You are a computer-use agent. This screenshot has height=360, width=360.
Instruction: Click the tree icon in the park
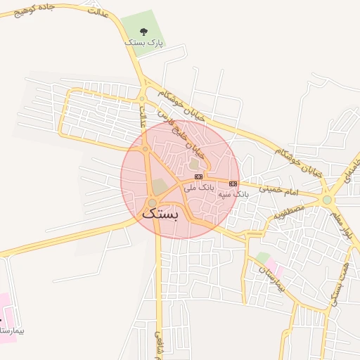144,32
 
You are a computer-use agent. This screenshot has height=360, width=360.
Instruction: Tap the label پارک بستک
144,43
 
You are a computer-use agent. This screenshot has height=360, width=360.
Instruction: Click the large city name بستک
161,214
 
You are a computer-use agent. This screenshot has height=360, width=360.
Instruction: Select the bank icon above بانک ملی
199,176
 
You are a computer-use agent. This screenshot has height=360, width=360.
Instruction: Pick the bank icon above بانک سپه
233,184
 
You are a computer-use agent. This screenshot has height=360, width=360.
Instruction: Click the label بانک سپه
233,193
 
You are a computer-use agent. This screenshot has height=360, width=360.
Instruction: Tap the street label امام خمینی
279,190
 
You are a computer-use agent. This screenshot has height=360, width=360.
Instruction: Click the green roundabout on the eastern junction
327,200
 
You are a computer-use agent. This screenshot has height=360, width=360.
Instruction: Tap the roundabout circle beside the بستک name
152,202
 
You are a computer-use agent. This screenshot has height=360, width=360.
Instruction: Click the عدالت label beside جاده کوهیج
99,12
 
